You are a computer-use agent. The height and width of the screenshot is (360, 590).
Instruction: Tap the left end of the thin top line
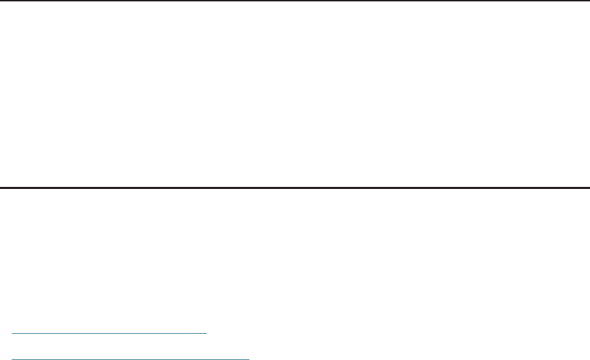pos(1,1)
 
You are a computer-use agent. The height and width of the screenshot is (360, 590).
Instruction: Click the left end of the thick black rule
pos(1,187)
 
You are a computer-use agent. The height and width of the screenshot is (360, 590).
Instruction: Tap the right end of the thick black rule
pos(588,187)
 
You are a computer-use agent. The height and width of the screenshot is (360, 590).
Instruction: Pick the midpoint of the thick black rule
pos(295,187)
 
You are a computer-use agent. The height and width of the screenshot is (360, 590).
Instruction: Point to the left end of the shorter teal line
pos(14,333)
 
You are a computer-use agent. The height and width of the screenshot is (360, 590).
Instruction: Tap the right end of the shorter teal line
pos(206,333)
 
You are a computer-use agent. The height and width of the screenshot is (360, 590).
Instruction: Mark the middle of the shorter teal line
pos(110,333)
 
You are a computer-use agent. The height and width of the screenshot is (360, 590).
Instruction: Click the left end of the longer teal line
pos(14,359)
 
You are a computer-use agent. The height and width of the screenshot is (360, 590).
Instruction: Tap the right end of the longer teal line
pos(249,359)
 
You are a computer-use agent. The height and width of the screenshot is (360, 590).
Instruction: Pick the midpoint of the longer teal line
pos(132,359)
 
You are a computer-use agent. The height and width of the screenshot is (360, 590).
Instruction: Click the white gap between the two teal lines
pos(110,346)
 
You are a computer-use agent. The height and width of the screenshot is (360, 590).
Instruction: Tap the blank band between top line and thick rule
pos(295,94)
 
